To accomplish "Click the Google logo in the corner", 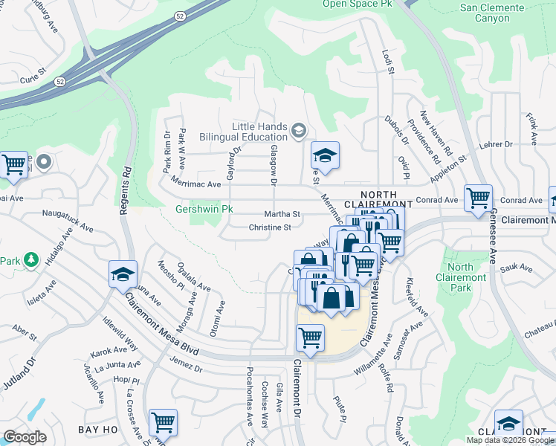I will pos(25,437).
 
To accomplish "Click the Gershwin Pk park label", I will pos(204,210).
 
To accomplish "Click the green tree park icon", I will pos(30,260).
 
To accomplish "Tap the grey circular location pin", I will pos(44,161).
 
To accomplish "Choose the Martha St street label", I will pos(285,214).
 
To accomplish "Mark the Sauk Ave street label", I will pos(517,267).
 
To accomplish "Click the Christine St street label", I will pos(269,227).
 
